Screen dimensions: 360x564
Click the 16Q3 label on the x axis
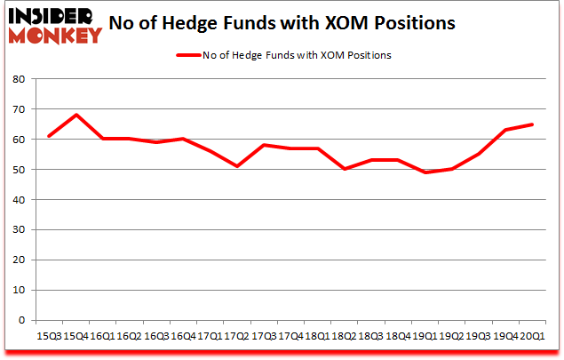click(x=156, y=338)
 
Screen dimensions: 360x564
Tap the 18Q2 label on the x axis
click(x=344, y=338)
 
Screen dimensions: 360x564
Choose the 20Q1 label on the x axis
click(x=533, y=338)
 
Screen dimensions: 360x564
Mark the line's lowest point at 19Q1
click(x=426, y=172)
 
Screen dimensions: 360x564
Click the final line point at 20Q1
click(x=533, y=124)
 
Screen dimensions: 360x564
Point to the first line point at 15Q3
click(x=49, y=136)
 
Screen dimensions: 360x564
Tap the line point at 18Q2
click(x=344, y=169)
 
